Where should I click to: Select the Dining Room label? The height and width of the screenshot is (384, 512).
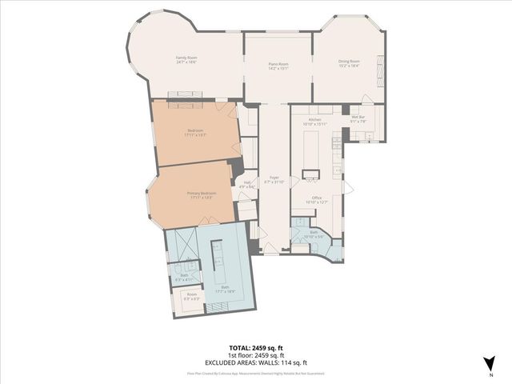[349, 63]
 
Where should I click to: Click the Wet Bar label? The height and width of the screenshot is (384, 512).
[358, 120]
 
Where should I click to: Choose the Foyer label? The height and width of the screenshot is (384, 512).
[274, 180]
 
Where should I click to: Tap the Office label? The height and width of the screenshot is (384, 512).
[317, 200]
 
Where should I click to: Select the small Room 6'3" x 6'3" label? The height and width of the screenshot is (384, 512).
[192, 296]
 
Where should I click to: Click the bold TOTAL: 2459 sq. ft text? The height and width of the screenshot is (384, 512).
[257, 347]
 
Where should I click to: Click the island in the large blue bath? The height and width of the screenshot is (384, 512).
[216, 256]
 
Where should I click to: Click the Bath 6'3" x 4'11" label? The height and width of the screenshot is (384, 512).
[184, 277]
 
